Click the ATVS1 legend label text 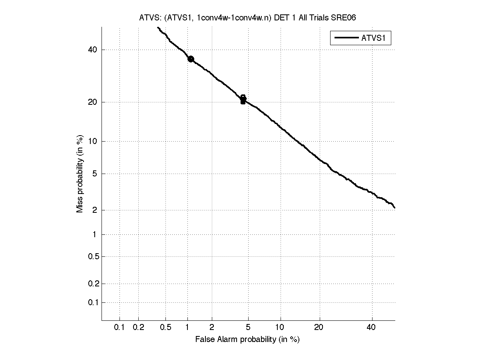point(376,38)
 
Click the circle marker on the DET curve point(191,59)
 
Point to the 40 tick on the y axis point(93,50)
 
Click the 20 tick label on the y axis point(93,102)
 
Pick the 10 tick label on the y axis point(93,141)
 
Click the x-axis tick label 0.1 point(120,328)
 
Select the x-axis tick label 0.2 point(138,328)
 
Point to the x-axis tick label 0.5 point(166,328)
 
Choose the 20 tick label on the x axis point(319,328)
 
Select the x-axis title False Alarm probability point(247,340)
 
